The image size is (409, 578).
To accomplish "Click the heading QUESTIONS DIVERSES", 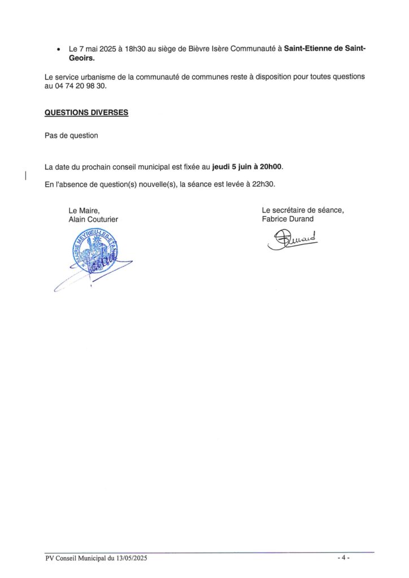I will coord(86,112).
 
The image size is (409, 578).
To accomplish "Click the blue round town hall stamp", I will coord(94,251).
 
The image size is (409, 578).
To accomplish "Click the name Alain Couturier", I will coord(94,220).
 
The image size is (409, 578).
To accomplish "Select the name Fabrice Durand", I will coord(288,219).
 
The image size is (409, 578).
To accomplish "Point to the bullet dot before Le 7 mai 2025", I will coord(59,50).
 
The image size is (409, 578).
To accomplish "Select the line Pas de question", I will coord(71,135).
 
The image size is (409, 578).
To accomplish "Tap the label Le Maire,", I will coord(84,211).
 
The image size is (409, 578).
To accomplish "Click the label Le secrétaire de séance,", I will coord(303,210).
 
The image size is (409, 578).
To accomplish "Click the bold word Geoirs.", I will coord(82,58).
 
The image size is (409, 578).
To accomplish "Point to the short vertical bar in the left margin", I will coord(25,176).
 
